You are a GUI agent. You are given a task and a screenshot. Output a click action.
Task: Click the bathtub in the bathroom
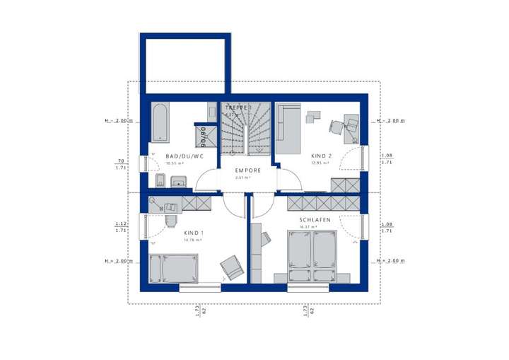click(159, 122)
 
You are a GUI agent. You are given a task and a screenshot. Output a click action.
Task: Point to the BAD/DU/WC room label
click(185, 156)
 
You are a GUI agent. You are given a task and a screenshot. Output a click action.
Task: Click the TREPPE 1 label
click(238, 107)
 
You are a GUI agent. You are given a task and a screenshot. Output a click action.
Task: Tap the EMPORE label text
click(249, 170)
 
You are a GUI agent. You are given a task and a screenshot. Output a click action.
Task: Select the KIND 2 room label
click(321, 156)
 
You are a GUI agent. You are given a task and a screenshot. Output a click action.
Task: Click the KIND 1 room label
click(193, 233)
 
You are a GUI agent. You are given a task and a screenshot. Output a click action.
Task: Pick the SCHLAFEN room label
click(314, 220)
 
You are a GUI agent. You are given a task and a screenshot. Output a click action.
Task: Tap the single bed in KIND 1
click(174, 269)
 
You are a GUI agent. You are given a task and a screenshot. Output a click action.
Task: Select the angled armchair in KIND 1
click(231, 267)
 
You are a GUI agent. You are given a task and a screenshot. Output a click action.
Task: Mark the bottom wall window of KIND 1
click(200, 287)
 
